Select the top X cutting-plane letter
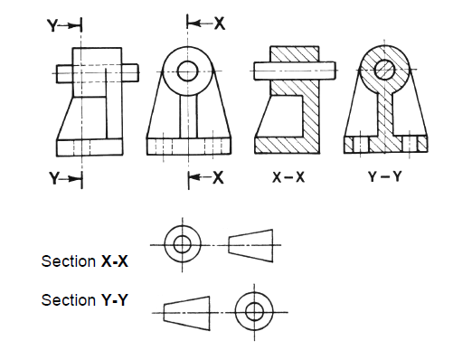coord(219,24)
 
